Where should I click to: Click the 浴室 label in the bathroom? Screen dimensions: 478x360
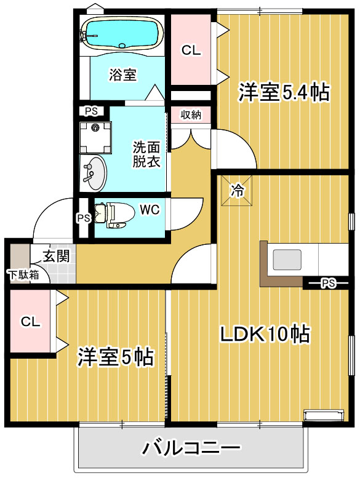tap(122, 75)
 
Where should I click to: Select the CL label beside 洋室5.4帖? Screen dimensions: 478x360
tap(191, 51)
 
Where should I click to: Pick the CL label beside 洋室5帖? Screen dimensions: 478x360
tap(31, 322)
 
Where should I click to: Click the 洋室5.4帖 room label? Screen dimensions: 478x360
tap(284, 92)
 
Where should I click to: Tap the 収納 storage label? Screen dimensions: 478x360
tap(191, 114)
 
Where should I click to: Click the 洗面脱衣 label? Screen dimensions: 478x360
tap(147, 154)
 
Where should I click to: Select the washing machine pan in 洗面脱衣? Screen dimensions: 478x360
tap(96, 137)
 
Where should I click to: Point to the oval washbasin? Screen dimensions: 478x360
tap(93, 173)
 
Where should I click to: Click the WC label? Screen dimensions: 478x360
tap(149, 210)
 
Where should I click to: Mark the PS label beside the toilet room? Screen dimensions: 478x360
tap(83, 218)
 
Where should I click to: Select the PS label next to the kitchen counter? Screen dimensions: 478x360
tap(328, 284)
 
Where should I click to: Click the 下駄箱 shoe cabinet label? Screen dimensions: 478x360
tap(23, 274)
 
